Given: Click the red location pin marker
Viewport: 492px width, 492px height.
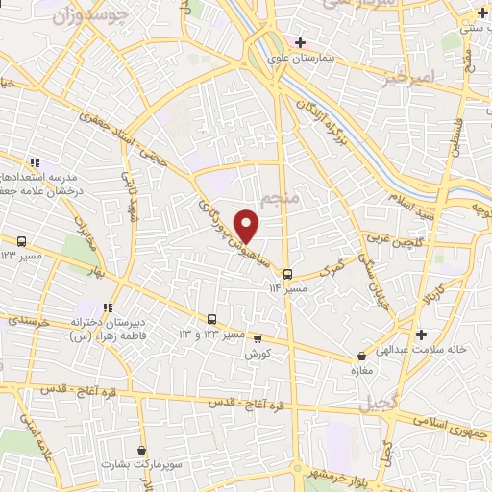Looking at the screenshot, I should [x=248, y=226].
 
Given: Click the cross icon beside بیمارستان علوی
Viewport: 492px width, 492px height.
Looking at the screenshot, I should [x=301, y=43].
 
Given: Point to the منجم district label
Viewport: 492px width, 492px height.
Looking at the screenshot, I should [x=281, y=198].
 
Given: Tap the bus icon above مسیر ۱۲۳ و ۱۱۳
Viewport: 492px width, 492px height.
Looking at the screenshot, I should [x=212, y=319].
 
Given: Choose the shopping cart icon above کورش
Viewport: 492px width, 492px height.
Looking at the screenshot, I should [x=257, y=338].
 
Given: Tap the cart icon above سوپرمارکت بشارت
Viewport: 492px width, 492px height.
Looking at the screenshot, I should [x=141, y=449].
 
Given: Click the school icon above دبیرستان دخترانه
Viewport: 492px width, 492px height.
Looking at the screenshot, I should [x=108, y=307].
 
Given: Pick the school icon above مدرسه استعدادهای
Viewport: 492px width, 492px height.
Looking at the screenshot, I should [x=34, y=162].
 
